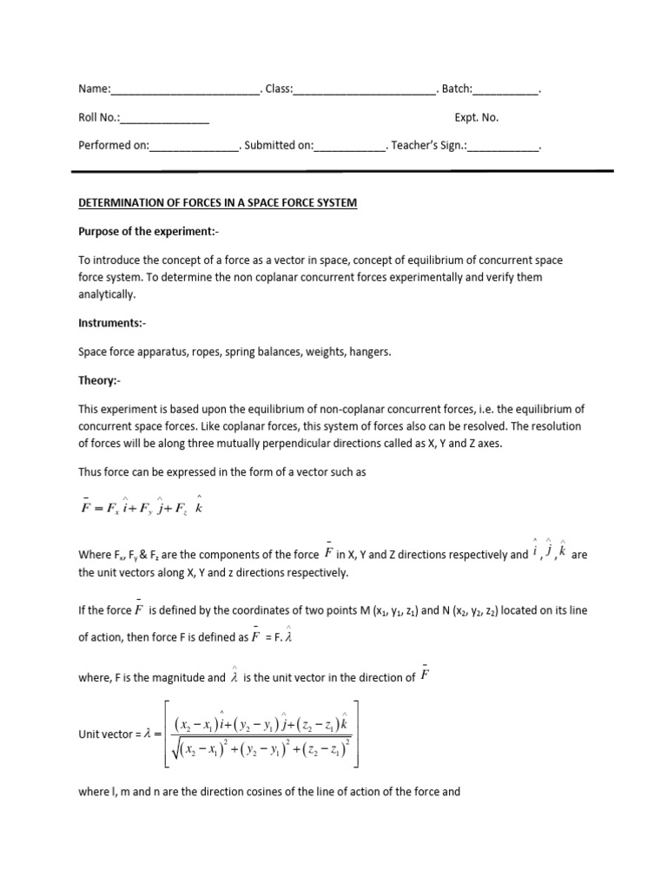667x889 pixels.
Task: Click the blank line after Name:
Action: coord(185,91)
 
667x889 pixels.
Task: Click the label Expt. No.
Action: coord(477,118)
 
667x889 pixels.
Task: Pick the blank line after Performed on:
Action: coord(195,148)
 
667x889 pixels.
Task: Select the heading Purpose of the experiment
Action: coord(145,232)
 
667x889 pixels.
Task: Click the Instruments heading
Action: coord(112,322)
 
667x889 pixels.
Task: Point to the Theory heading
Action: coord(100,380)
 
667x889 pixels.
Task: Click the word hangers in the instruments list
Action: coord(380,352)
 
